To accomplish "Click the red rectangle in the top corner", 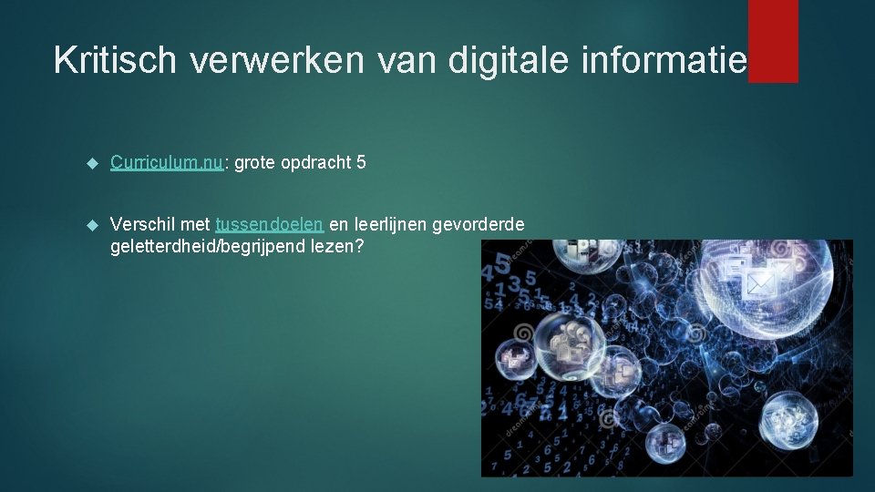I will tap(773, 41).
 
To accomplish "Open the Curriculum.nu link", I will tap(167, 163).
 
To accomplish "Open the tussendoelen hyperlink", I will tap(270, 225).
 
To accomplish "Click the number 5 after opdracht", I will tap(362, 163).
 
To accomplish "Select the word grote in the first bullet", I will tap(255, 163).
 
